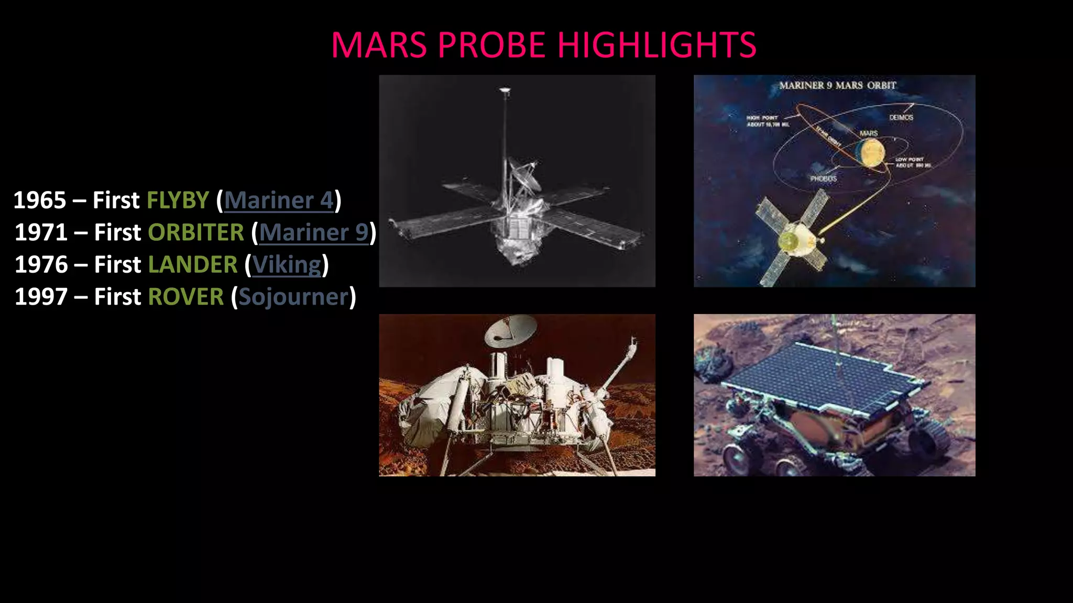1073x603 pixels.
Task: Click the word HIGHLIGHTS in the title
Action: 656,45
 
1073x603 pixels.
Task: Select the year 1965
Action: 40,200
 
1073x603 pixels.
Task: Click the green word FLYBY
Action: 178,200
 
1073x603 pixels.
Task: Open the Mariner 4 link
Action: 279,200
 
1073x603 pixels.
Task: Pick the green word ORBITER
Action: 196,232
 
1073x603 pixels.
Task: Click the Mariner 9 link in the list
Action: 314,232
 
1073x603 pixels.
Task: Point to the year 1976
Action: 41,265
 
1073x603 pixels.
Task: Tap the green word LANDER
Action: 193,265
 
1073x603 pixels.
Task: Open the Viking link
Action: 287,265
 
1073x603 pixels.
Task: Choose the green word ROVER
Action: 186,297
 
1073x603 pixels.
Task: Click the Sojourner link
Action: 293,297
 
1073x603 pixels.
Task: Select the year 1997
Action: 41,297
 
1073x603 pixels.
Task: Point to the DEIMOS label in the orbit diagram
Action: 901,117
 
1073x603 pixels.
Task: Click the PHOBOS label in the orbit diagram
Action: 824,178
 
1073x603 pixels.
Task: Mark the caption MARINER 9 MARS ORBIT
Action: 837,85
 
